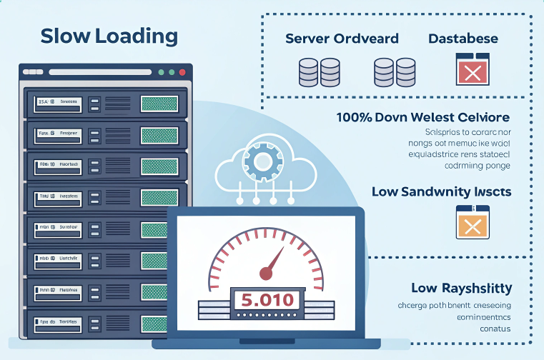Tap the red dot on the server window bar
pos(182,72)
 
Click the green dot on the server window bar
pos(161,72)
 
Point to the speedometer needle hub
pos(266,272)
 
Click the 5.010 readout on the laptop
pos(267,299)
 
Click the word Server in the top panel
pos(307,39)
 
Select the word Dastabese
pos(463,39)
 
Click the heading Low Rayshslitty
pos(461,288)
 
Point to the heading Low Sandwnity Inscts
pos(441,191)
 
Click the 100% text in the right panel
pos(355,116)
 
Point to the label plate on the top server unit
pos(58,102)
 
